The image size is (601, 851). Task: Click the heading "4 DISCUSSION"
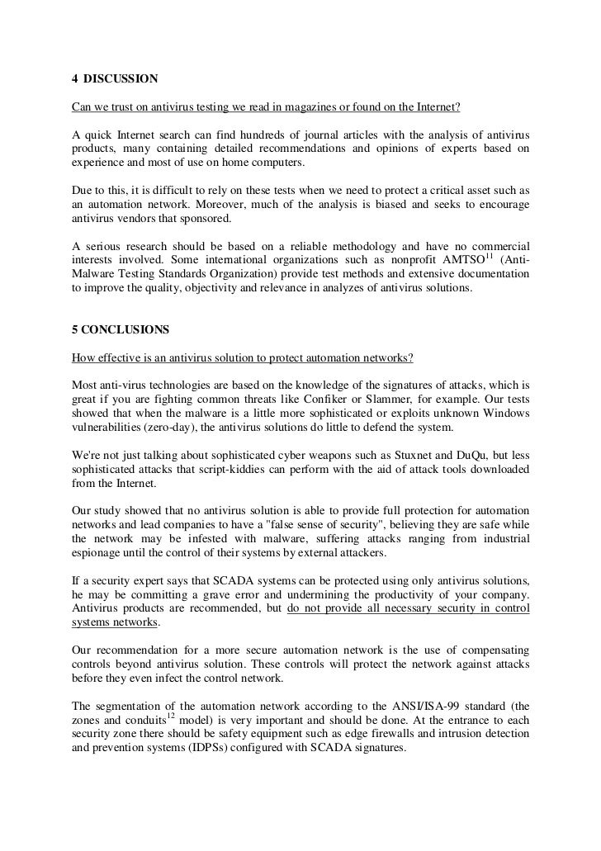[x=113, y=80]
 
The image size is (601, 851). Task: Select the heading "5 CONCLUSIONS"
[x=120, y=329]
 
